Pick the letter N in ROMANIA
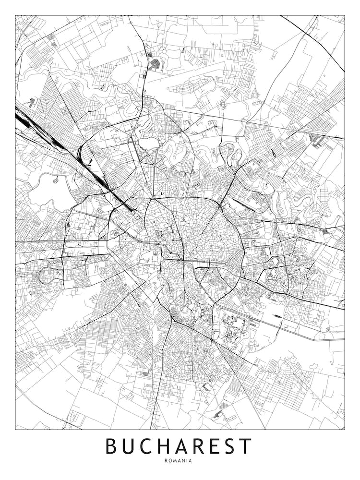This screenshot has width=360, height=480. pyautogui.click(x=184, y=460)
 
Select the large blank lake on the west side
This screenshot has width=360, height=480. pyautogui.click(x=46, y=190)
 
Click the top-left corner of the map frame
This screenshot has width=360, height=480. pyautogui.click(x=15, y=15)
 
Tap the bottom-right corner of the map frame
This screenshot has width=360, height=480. pyautogui.click(x=345, y=429)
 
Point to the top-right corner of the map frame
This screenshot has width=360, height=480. pyautogui.click(x=345, y=15)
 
